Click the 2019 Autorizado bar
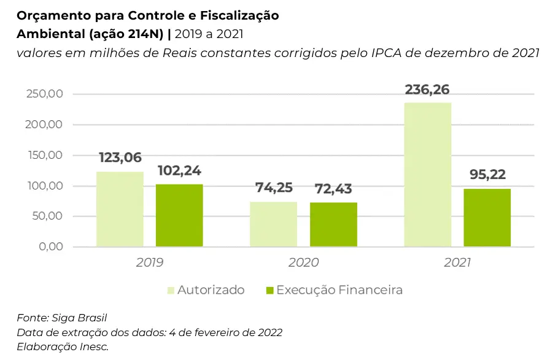[x=120, y=209]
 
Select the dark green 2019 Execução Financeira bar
[x=179, y=215]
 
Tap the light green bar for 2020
[x=273, y=224]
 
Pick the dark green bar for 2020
[x=333, y=224]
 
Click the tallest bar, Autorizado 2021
[x=428, y=175]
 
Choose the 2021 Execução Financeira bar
[x=487, y=218]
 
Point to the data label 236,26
[x=427, y=90]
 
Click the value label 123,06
[x=120, y=158]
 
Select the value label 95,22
[x=487, y=175]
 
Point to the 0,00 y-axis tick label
[x=51, y=247]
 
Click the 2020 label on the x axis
[x=303, y=262]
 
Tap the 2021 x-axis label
[x=457, y=262]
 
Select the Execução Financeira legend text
[x=339, y=290]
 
